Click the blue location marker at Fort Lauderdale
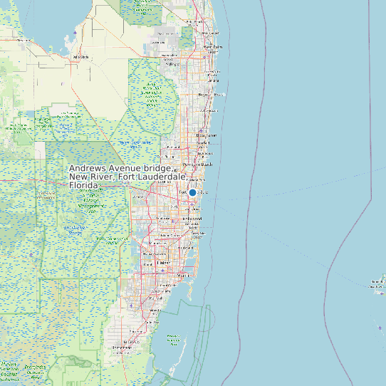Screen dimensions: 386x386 [192, 192]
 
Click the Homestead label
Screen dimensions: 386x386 [132, 342]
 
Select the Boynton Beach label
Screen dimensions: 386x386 [211, 94]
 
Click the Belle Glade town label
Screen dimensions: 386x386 [80, 57]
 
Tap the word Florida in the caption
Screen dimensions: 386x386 [84, 185]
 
